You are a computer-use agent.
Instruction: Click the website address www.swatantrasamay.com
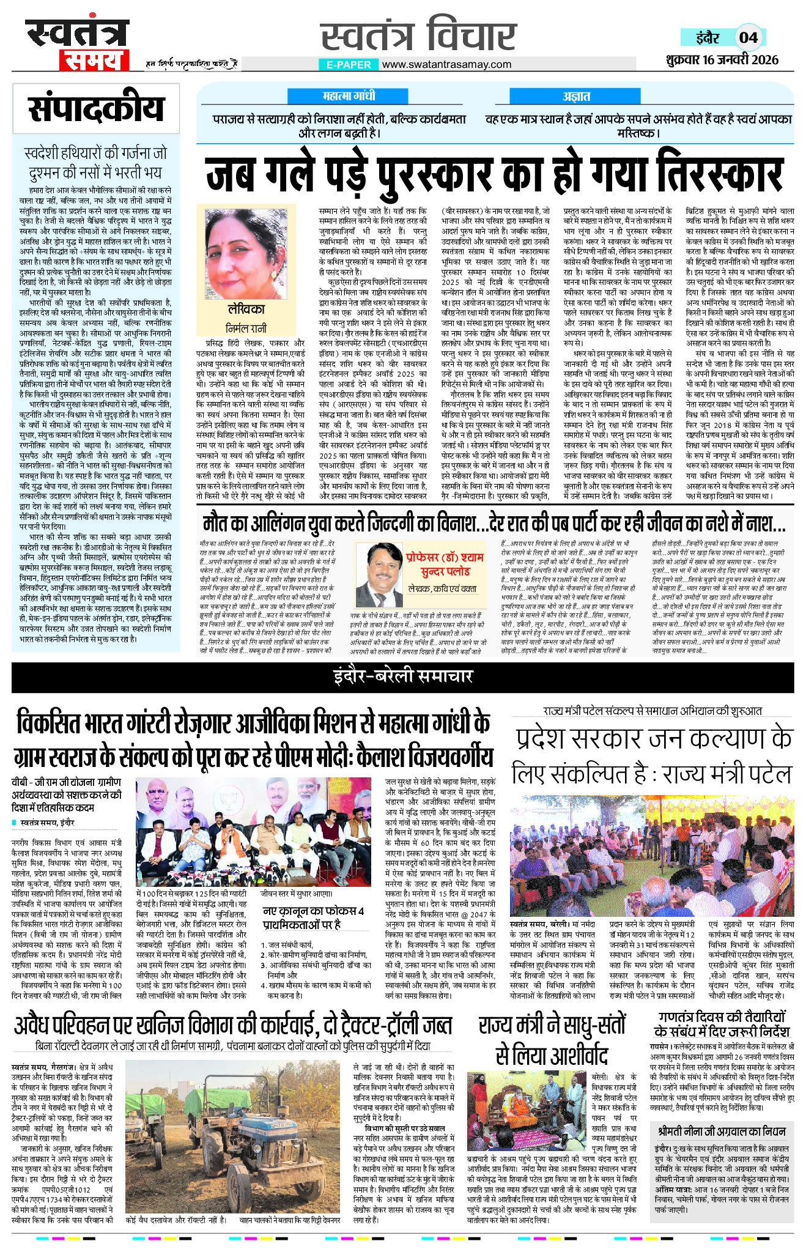point(446,64)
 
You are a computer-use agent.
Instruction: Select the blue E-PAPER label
point(349,64)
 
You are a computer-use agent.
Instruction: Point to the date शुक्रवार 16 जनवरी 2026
point(722,59)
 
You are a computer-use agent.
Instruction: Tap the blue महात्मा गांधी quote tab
point(349,96)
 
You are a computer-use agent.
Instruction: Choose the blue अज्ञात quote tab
point(576,96)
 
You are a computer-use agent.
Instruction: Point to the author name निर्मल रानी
point(246,327)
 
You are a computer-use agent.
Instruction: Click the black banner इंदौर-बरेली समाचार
point(402,676)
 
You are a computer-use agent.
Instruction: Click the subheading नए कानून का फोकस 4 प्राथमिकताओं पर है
point(312,917)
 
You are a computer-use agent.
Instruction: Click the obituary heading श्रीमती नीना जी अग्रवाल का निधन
point(722,1131)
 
